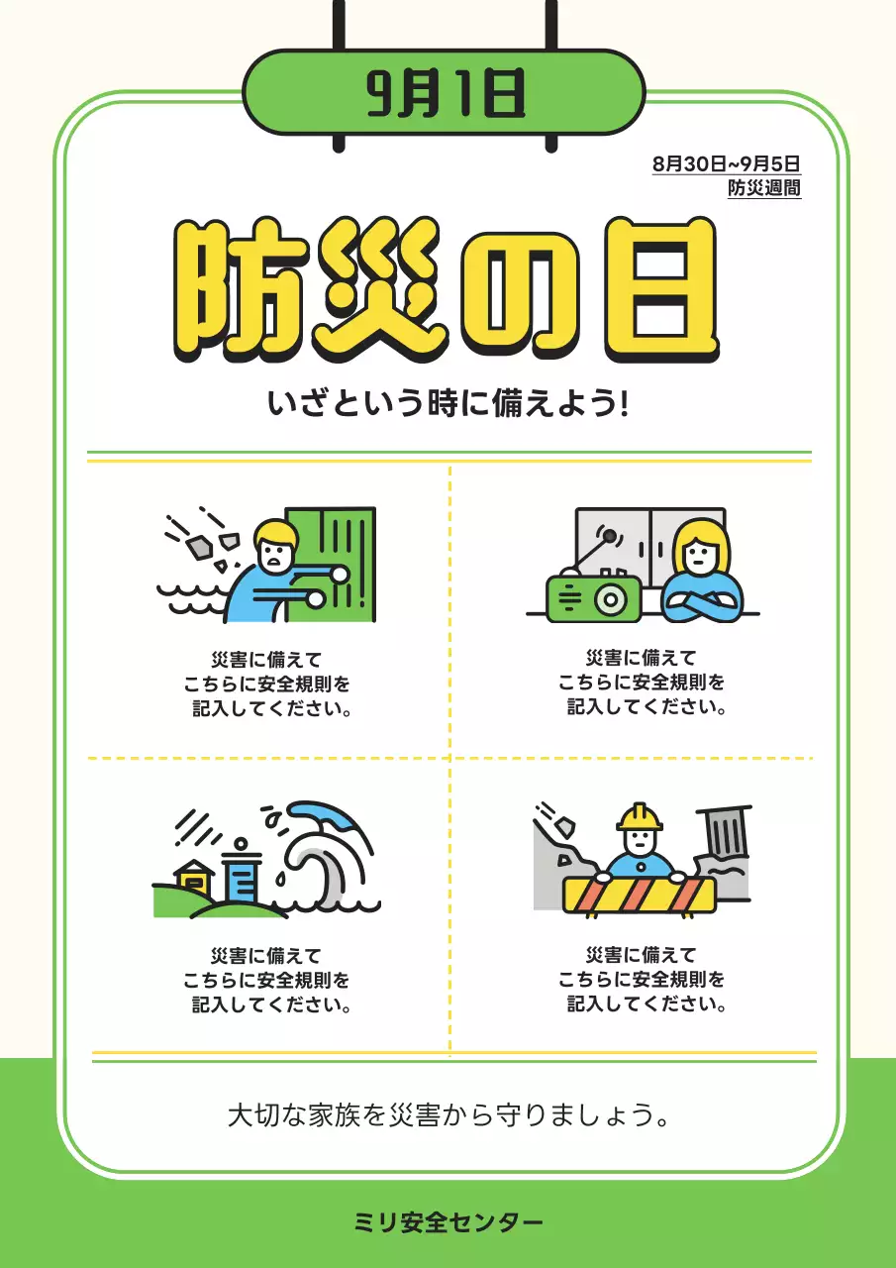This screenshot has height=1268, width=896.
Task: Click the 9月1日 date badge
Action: point(444,94)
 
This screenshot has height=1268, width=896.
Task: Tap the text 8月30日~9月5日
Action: point(726,164)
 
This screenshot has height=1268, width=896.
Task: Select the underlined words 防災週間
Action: point(763,187)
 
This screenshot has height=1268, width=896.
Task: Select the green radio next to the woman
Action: point(592,598)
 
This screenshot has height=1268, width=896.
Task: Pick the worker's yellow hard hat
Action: point(640,817)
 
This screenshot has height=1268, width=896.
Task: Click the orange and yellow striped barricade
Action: point(639,896)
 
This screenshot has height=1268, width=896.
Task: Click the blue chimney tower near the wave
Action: point(241,875)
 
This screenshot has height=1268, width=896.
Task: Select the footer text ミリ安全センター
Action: point(448,1222)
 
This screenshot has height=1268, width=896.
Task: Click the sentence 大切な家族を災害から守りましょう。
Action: point(448,1115)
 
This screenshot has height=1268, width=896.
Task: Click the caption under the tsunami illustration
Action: point(266,981)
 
